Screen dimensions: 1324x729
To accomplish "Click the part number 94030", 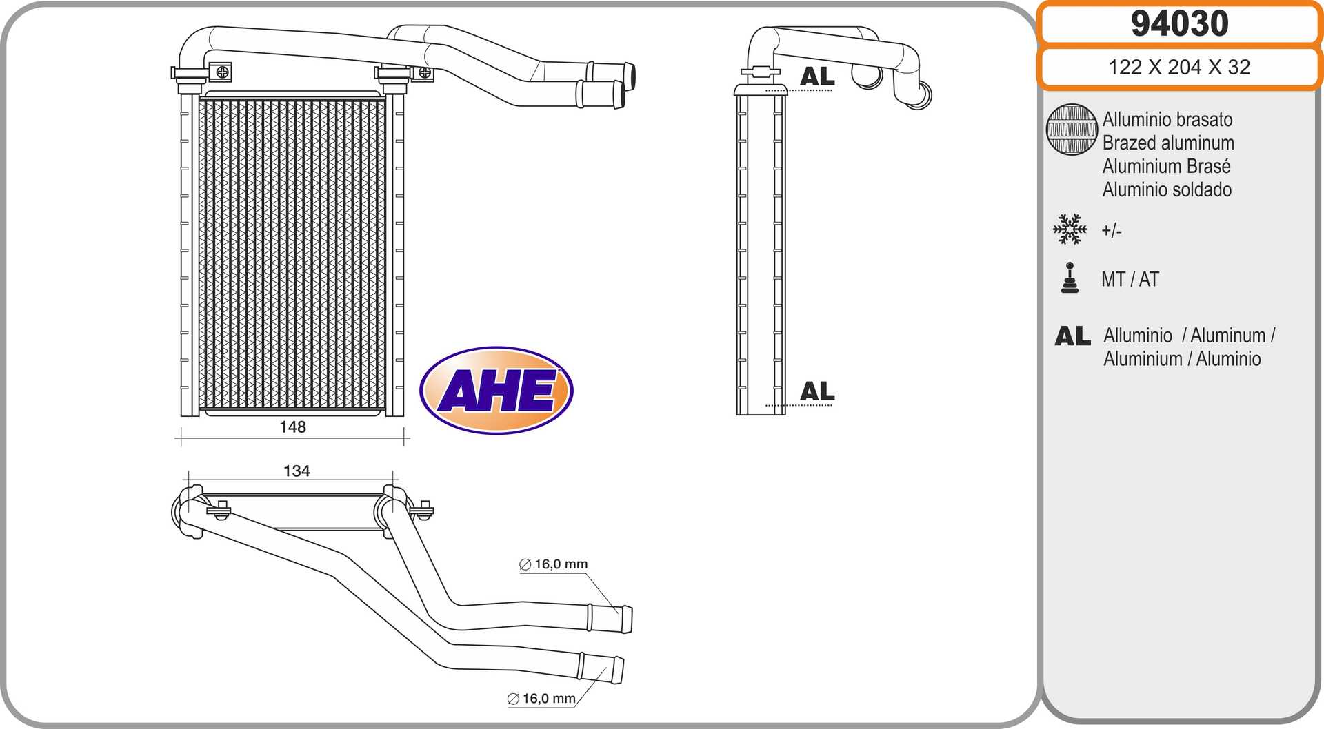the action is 1179,23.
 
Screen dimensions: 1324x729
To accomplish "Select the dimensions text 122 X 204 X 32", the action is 1179,67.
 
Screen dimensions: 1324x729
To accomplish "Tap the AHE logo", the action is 496,390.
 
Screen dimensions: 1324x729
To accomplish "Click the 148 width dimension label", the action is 292,427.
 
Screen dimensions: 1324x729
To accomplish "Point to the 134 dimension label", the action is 297,471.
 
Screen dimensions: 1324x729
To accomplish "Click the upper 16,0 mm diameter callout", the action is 554,564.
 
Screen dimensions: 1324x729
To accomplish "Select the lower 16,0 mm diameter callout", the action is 541,699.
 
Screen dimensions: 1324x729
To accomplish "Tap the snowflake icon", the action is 1070,229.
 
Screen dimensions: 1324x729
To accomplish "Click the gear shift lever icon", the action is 1070,278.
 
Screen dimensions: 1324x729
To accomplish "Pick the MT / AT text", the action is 1130,279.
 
